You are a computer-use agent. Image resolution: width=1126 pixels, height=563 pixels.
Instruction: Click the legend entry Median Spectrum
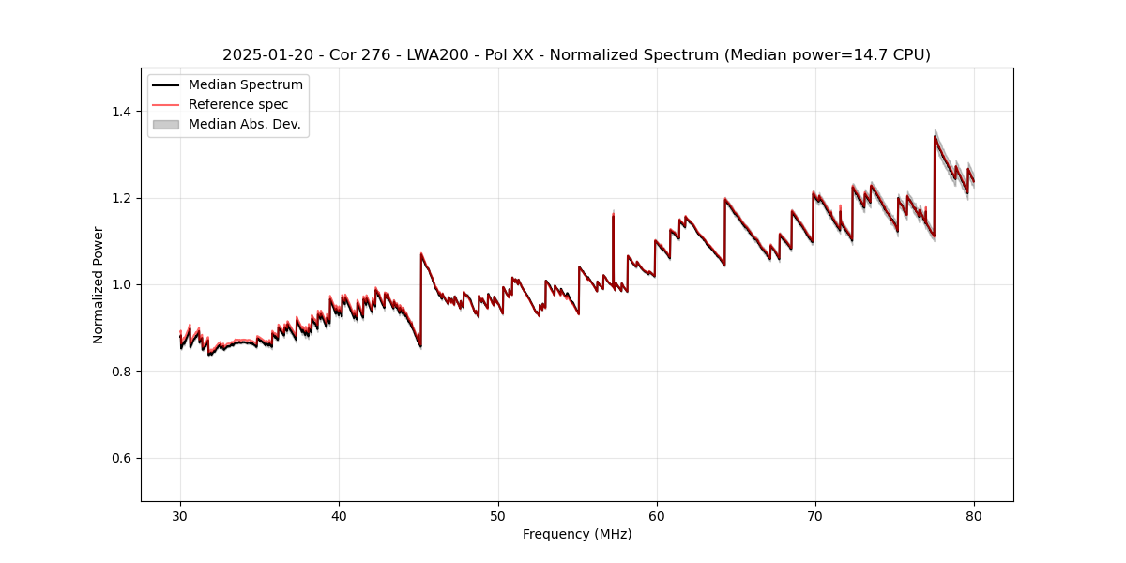coord(246,85)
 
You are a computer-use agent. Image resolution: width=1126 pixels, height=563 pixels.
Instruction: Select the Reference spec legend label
coord(238,104)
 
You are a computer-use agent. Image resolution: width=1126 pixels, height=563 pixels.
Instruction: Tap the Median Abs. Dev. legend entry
coord(245,124)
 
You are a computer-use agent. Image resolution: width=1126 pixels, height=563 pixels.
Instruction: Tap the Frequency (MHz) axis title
coord(577,534)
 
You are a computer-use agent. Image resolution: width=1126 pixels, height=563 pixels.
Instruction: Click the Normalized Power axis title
coord(99,284)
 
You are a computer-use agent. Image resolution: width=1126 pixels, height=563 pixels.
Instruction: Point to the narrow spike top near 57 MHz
coord(613,214)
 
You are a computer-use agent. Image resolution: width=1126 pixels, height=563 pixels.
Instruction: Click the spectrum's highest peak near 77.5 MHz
coord(935,136)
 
